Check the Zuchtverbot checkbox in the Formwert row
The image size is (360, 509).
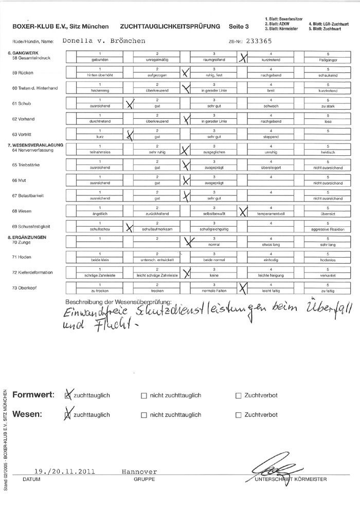click(238, 396)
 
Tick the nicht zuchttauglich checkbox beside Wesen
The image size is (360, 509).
click(143, 415)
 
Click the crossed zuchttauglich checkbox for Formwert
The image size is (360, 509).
click(67, 396)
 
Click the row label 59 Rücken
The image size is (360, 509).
click(23, 72)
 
